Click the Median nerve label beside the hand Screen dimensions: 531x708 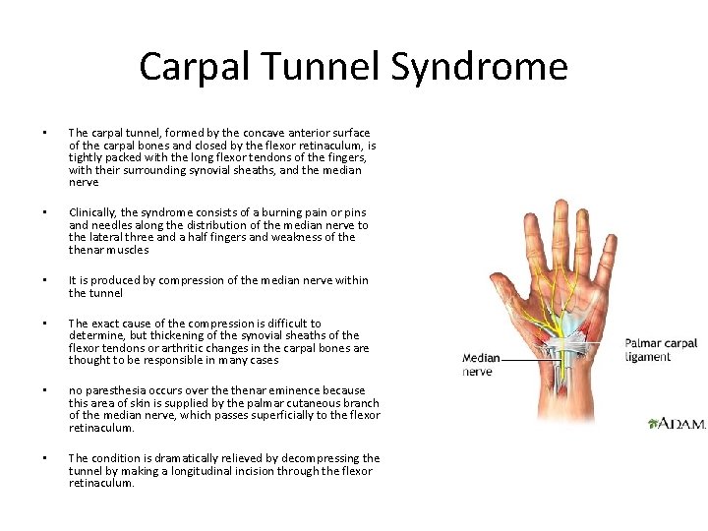point(481,365)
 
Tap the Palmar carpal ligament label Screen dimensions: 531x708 point(661,349)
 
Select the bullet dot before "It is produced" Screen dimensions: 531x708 point(44,280)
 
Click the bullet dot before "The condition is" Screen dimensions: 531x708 point(44,458)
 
